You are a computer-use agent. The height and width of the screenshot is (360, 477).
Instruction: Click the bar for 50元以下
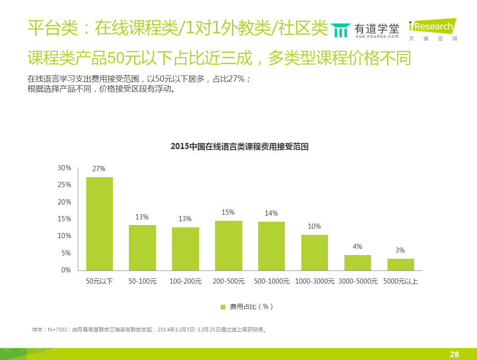(x=99, y=224)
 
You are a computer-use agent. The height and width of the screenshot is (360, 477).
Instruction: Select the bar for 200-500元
(x=229, y=246)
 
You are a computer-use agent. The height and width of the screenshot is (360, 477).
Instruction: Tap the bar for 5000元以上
(x=401, y=264)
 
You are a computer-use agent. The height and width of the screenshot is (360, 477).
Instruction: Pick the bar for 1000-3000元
(x=314, y=253)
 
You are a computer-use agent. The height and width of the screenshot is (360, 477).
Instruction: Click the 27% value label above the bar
(x=99, y=169)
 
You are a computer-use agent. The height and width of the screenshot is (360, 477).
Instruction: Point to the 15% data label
(x=228, y=212)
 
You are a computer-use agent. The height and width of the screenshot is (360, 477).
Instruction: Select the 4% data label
(x=357, y=247)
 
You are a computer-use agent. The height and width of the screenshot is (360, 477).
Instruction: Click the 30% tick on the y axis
(x=64, y=168)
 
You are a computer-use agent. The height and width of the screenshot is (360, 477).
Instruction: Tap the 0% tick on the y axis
(x=66, y=270)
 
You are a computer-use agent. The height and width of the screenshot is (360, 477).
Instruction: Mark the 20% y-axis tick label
(x=64, y=202)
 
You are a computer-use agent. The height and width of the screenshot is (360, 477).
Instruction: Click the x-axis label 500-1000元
(x=271, y=282)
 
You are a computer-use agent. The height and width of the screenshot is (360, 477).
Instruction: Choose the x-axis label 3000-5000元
(x=358, y=282)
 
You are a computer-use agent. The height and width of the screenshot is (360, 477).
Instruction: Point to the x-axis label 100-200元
(x=186, y=282)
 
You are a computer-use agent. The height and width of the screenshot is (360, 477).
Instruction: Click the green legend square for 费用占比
(x=223, y=307)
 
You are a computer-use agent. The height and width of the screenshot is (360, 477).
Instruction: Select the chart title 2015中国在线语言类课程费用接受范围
(x=239, y=147)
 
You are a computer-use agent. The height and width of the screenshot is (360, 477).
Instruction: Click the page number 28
(x=454, y=354)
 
